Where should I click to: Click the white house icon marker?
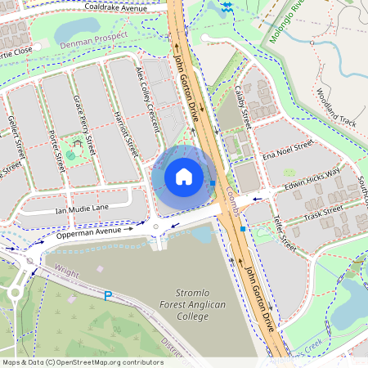[184, 176]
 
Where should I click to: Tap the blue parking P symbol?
[108, 296]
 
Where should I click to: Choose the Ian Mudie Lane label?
[82, 210]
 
